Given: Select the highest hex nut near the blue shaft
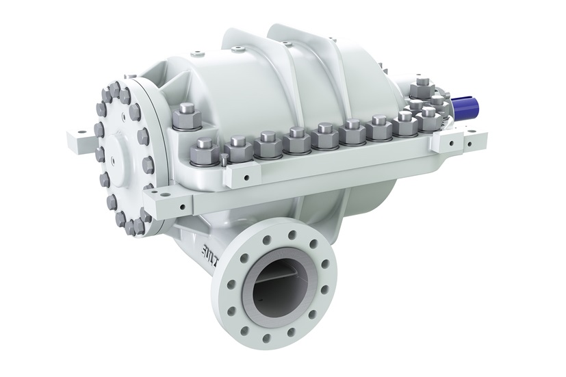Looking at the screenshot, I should [422, 83].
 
